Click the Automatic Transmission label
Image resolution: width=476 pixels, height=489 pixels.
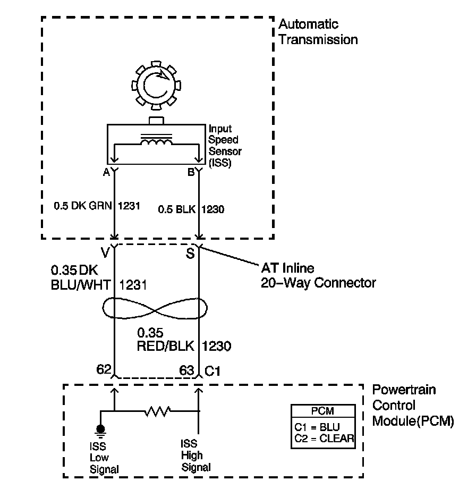(318, 32)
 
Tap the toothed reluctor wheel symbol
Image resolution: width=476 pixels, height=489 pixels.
(156, 86)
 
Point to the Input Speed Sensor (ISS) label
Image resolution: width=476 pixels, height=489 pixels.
(225, 146)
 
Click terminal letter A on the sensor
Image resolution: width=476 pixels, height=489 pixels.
(107, 172)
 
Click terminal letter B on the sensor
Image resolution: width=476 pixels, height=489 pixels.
(191, 172)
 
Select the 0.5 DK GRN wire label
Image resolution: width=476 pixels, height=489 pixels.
(83, 206)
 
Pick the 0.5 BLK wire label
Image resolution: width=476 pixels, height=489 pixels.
(177, 209)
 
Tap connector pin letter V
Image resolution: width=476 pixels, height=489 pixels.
(105, 252)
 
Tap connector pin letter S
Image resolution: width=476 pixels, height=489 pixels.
(190, 253)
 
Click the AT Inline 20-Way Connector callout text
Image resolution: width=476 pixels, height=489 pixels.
(318, 275)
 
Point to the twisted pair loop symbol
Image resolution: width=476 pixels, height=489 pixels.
(155, 308)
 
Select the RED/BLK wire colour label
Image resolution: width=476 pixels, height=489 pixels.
(166, 346)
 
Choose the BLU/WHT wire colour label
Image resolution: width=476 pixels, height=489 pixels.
(81, 285)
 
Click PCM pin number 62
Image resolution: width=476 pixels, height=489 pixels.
(104, 369)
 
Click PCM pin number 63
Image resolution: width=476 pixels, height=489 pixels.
(186, 370)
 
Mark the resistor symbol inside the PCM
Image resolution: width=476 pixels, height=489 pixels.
(157, 411)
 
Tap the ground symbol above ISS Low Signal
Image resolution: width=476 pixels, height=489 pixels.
(100, 431)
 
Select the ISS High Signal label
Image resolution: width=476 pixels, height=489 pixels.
(195, 456)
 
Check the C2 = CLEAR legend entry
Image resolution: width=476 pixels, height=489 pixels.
(324, 439)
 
